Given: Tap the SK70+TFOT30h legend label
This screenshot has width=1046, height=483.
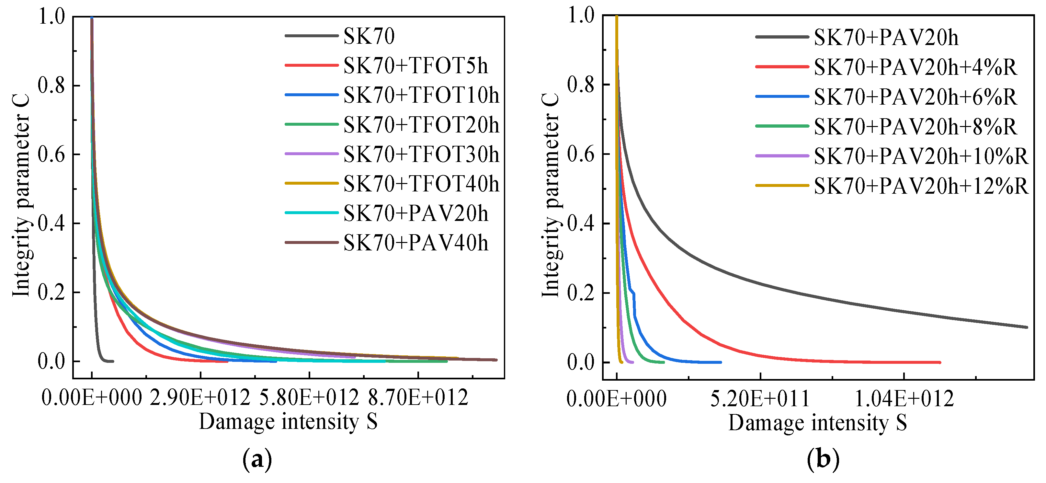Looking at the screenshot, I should pyautogui.click(x=421, y=155).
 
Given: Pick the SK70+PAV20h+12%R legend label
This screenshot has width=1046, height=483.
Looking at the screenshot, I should pyautogui.click(x=921, y=186).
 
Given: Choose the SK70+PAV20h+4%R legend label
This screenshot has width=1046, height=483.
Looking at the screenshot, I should pyautogui.click(x=915, y=67).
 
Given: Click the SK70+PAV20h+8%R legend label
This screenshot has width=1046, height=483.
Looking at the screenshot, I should pyautogui.click(x=915, y=127).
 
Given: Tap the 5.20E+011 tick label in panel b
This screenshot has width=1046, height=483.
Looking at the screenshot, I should pyautogui.click(x=760, y=399).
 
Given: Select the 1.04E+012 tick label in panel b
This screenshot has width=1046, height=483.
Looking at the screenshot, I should pyautogui.click(x=904, y=399).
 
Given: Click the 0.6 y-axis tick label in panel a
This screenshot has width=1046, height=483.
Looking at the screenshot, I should pyautogui.click(x=51, y=155).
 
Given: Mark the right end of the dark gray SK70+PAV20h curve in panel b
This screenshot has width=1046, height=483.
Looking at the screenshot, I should pyautogui.click(x=1027, y=327).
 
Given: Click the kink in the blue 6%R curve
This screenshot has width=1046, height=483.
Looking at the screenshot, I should pyautogui.click(x=633, y=293).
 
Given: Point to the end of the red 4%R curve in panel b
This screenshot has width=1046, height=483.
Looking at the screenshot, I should pyautogui.click(x=939, y=362).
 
